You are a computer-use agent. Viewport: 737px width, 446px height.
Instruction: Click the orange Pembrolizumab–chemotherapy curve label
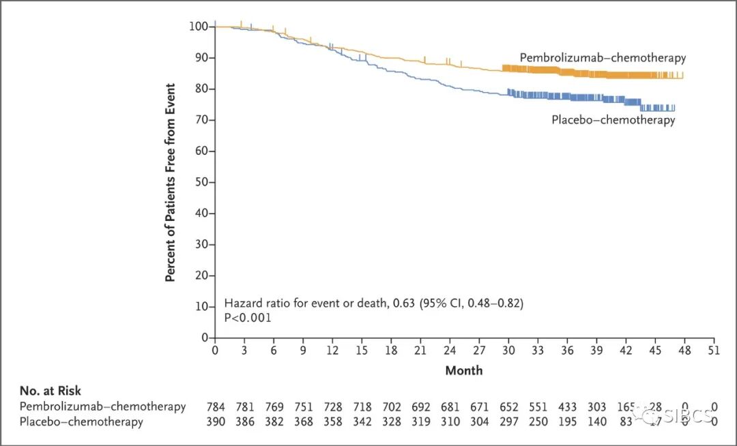pyautogui.click(x=603, y=58)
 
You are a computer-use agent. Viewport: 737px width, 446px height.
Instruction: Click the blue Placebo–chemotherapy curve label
pyautogui.click(x=613, y=120)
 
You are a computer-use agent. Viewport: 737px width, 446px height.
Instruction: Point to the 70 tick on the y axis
pyautogui.click(x=203, y=120)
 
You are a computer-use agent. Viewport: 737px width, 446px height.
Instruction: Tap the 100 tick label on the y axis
pyautogui.click(x=198, y=27)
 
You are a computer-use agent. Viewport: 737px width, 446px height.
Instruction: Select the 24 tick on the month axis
pyautogui.click(x=450, y=350)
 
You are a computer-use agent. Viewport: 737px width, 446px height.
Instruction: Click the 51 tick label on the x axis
pyautogui.click(x=714, y=350)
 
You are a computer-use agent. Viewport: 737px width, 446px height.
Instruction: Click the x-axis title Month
pyautogui.click(x=464, y=370)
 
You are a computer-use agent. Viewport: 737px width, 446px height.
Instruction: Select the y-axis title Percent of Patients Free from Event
pyautogui.click(x=171, y=183)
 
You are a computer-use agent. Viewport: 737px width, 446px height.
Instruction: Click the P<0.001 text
pyautogui.click(x=248, y=318)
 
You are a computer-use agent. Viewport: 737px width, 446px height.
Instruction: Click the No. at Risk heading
pyautogui.click(x=50, y=391)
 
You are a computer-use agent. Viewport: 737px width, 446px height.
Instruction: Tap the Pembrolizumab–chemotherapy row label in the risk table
pyautogui.click(x=102, y=406)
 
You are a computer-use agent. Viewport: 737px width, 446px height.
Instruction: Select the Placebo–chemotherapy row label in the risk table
pyautogui.click(x=81, y=421)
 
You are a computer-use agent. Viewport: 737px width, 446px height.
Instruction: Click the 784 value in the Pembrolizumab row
pyautogui.click(x=216, y=406)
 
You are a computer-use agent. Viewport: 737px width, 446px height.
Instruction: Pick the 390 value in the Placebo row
pyautogui.click(x=216, y=421)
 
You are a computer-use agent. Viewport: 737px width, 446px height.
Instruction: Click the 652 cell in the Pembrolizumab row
pyautogui.click(x=509, y=406)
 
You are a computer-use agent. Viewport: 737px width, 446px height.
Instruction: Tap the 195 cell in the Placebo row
pyautogui.click(x=568, y=421)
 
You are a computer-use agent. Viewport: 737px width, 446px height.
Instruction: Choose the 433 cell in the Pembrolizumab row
pyautogui.click(x=568, y=406)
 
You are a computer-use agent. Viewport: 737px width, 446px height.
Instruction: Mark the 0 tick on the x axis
pyautogui.click(x=216, y=350)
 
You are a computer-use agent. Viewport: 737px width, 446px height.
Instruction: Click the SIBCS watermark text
pyautogui.click(x=688, y=414)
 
